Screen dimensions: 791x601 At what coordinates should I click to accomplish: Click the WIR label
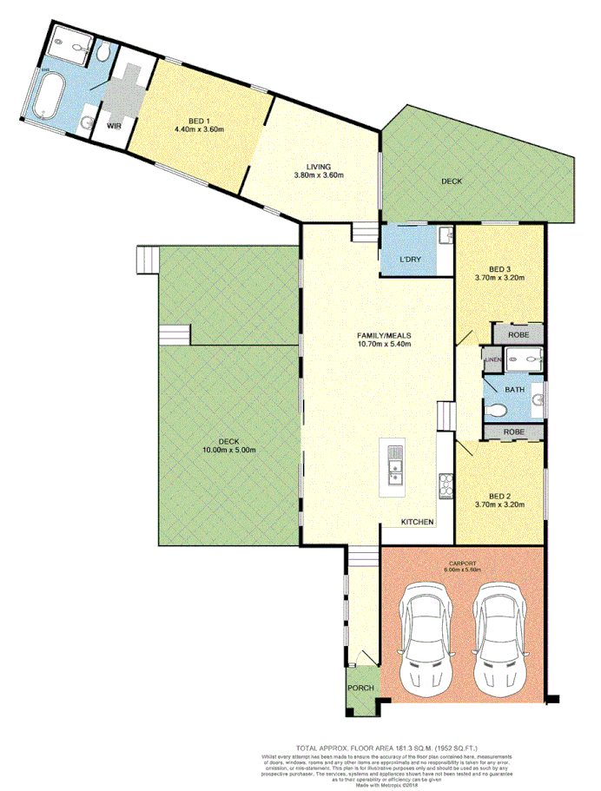pyautogui.click(x=113, y=126)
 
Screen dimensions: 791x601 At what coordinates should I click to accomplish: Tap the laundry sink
pyautogui.click(x=445, y=234)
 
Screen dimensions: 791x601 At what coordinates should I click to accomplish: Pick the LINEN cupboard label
pyautogui.click(x=493, y=359)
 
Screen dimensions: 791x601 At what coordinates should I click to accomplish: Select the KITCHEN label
pyautogui.click(x=417, y=522)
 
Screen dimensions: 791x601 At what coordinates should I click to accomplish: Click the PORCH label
pyautogui.click(x=360, y=688)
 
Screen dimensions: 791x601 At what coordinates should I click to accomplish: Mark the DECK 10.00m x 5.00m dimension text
pyautogui.click(x=229, y=445)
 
